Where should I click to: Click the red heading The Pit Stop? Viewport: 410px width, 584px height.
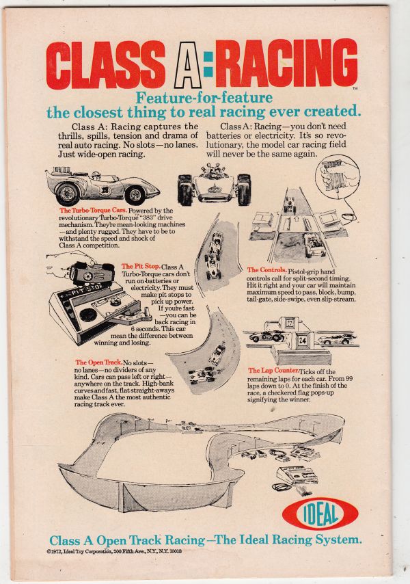pos(140,266)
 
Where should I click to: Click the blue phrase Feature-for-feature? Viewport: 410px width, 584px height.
pos(204,98)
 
